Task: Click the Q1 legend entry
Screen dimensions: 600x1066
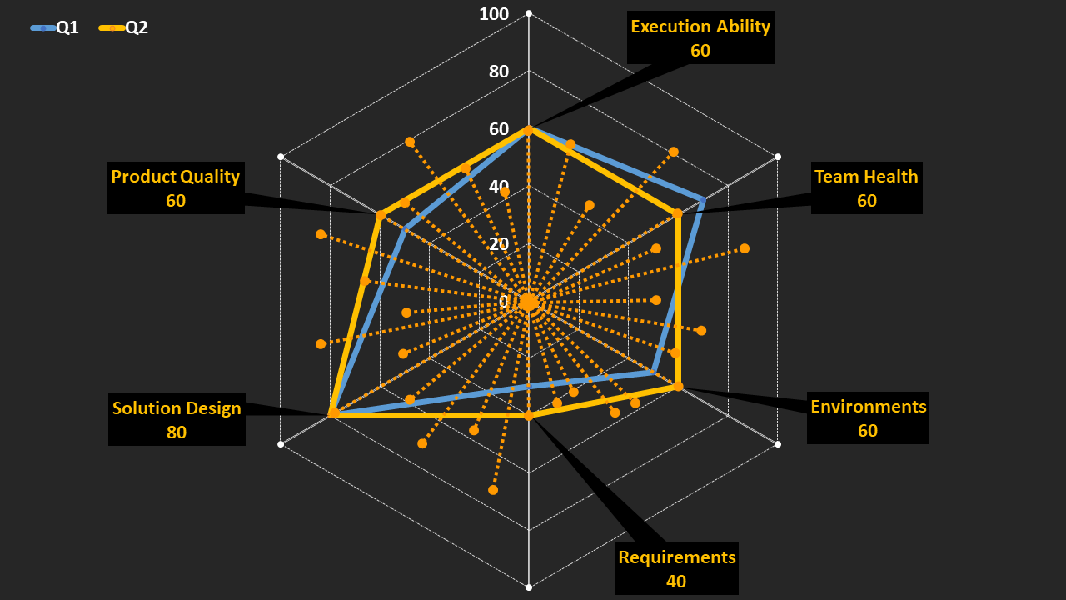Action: coord(55,27)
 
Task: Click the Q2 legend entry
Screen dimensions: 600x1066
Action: coord(124,27)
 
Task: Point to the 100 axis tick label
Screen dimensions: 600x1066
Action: coord(495,14)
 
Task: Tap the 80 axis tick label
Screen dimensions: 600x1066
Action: coord(499,72)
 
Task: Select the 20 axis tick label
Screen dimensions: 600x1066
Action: coord(499,244)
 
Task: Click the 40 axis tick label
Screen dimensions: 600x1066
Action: coord(499,187)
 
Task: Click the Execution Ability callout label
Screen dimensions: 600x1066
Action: coord(700,27)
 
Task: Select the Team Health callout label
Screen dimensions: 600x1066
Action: coord(866,177)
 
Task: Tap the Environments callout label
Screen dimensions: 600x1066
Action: coord(868,407)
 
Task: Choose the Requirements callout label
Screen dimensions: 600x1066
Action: coord(676,557)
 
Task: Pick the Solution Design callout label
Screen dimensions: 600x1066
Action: coord(177,408)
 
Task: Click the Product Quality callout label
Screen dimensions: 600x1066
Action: coord(175,177)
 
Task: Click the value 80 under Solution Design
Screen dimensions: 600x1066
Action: coord(177,432)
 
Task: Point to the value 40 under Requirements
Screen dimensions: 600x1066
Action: coord(676,582)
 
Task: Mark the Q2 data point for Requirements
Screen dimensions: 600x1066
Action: coord(528,415)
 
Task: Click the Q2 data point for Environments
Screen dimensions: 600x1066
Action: coord(678,386)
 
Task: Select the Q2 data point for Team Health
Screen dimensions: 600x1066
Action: coord(678,214)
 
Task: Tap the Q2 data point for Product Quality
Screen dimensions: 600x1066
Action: coord(380,216)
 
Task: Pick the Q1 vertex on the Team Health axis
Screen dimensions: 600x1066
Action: coord(703,200)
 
